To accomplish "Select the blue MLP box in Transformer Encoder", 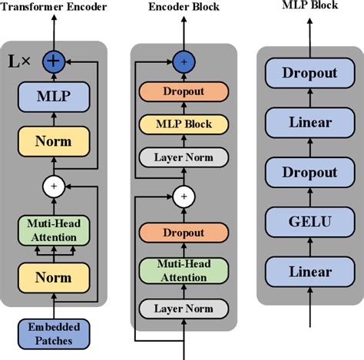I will click(x=54, y=97).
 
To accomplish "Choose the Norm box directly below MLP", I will click(x=54, y=142).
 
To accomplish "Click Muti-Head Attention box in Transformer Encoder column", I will click(x=54, y=230).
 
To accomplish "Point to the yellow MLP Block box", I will click(x=184, y=123).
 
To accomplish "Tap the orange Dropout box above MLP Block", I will click(x=184, y=91).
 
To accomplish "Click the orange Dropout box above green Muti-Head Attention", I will click(x=184, y=232).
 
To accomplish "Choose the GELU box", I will click(x=309, y=223).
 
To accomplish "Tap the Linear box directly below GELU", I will click(x=309, y=272).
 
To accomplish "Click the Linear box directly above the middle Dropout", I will click(x=309, y=122).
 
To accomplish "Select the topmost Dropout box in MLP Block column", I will click(x=309, y=73).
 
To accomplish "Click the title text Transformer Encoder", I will click(x=55, y=7).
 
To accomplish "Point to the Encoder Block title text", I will click(x=184, y=7).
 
